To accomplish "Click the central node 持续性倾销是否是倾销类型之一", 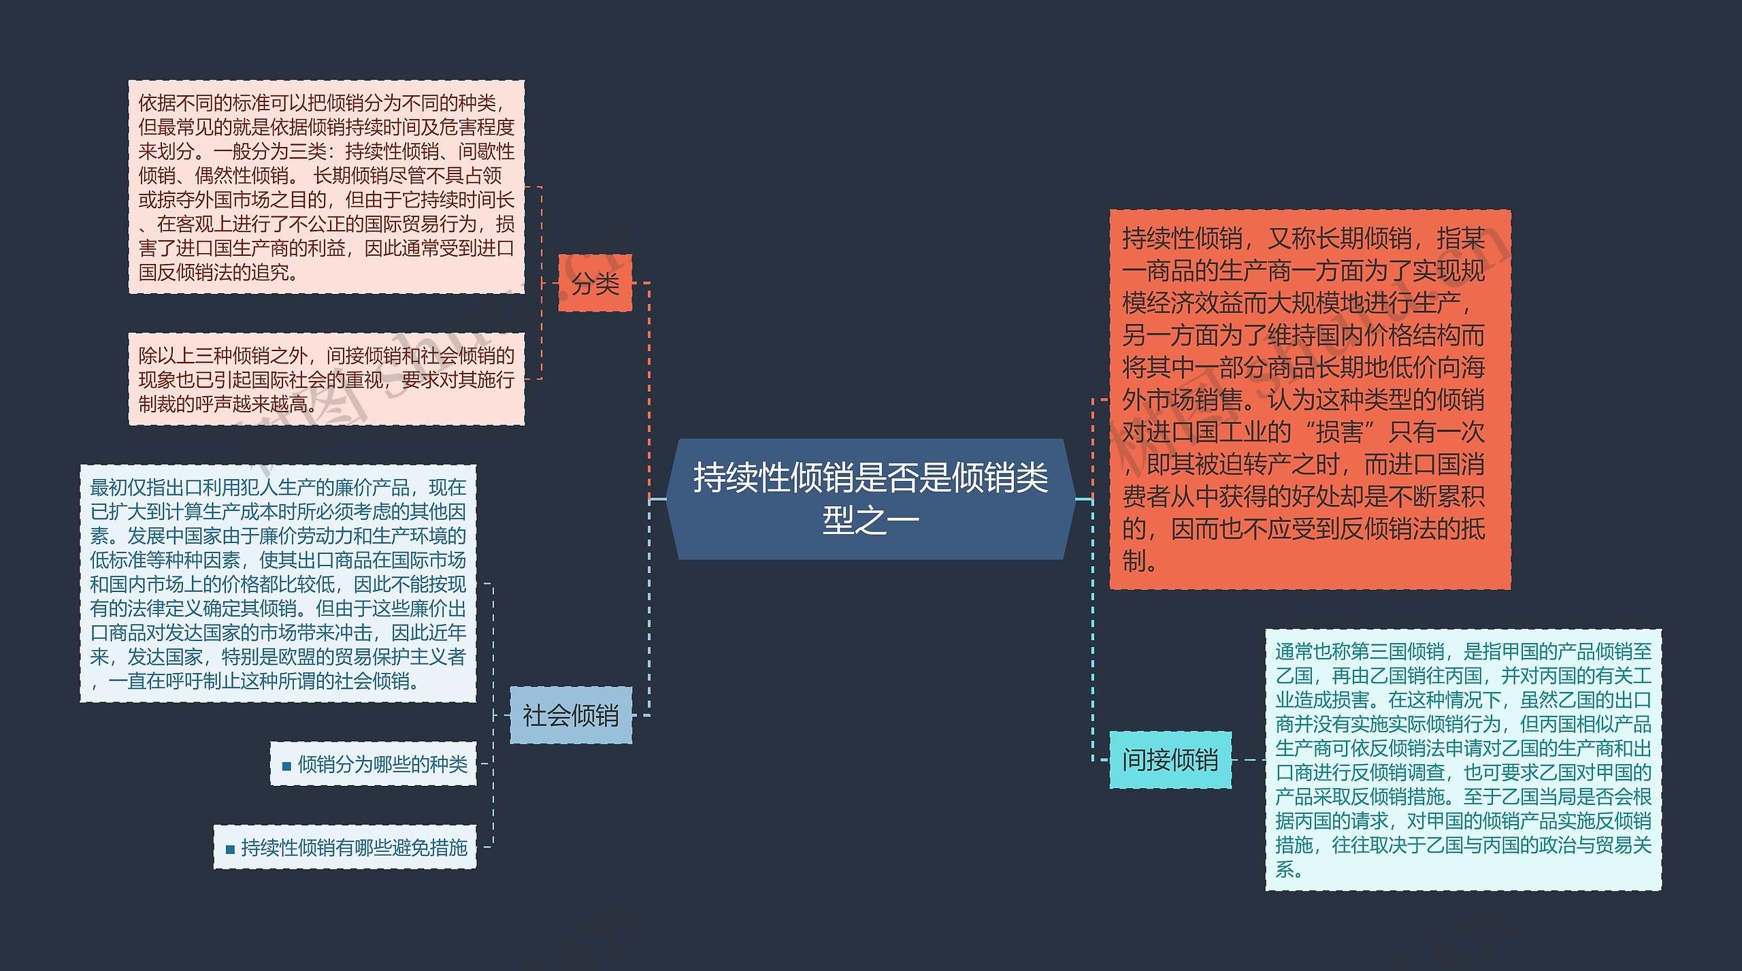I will pos(870,499).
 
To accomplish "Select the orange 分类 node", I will pos(595,283).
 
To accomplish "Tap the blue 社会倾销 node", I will pos(570,715).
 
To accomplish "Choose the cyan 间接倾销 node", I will pos(1170,759).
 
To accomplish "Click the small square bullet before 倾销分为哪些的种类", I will pos(286,766).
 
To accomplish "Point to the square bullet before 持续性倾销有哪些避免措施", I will pos(230,849).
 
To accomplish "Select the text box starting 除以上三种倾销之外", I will pos(326,379).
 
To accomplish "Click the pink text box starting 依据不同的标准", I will pos(326,187).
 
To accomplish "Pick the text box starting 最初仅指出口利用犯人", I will pos(278,583).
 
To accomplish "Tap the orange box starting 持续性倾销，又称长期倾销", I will pos(1309,399).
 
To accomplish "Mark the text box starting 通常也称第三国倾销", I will pos(1463,759).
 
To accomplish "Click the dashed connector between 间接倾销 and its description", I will pos(1248,759).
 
